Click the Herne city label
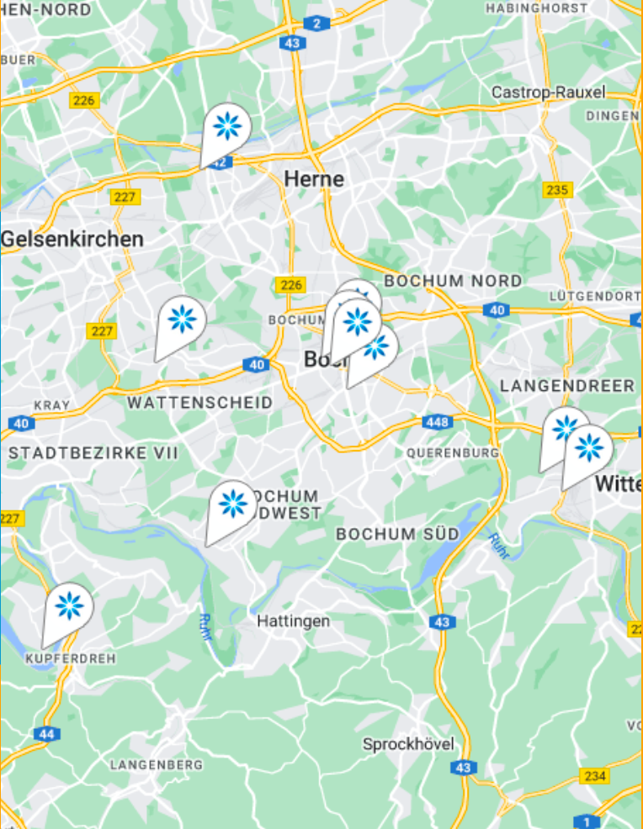(314, 178)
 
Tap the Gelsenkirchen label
(72, 240)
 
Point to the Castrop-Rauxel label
(549, 92)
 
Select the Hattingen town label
(293, 621)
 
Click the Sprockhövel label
(408, 744)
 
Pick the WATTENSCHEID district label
(200, 403)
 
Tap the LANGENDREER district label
(567, 386)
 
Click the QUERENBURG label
(453, 452)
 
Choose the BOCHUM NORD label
(453, 281)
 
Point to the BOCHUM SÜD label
(398, 534)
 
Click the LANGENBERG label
(157, 765)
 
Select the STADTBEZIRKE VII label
(93, 453)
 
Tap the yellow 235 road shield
(557, 190)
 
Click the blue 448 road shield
(438, 421)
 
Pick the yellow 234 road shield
(594, 776)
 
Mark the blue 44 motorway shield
(47, 734)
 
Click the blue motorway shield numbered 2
(316, 23)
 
